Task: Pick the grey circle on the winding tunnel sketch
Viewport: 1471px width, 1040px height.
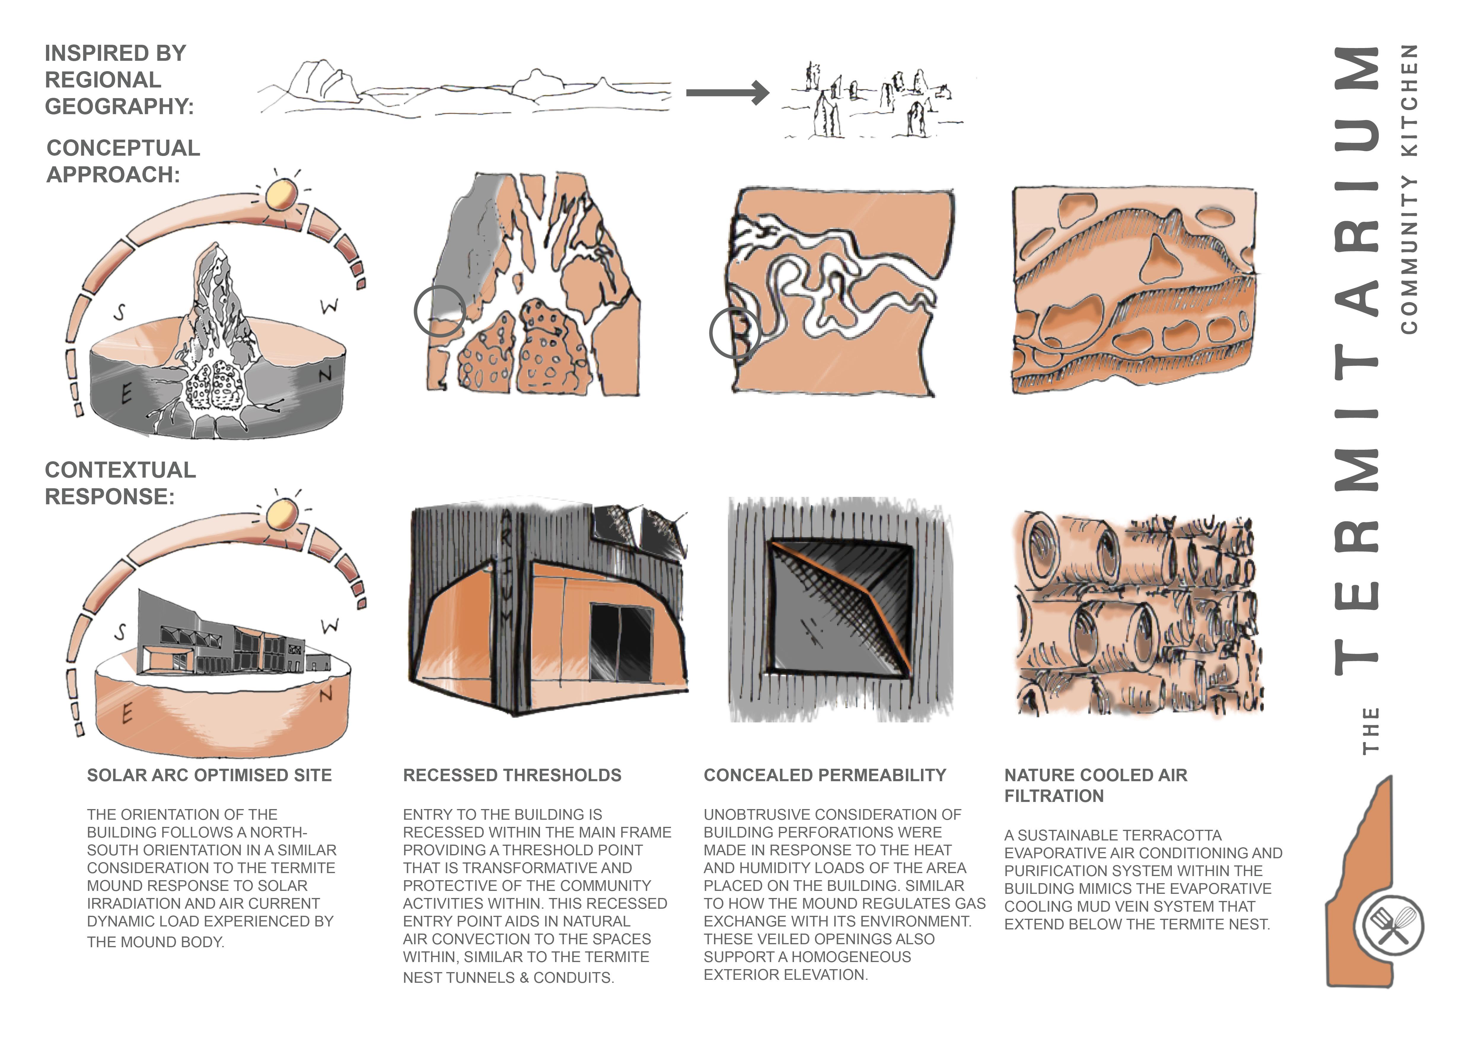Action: (x=734, y=333)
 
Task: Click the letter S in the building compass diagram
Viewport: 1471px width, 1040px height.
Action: (x=120, y=633)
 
